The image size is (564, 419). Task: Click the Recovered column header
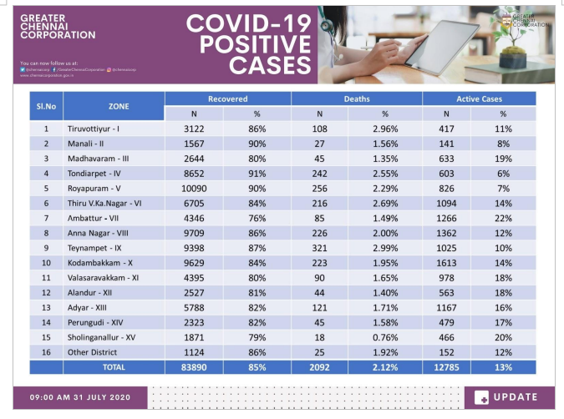(x=227, y=98)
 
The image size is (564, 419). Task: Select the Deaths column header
(x=357, y=98)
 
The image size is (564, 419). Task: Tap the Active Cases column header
(x=479, y=98)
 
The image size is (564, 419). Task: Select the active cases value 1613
(x=447, y=263)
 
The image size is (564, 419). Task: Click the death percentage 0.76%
(x=384, y=337)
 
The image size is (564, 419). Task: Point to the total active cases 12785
(x=447, y=367)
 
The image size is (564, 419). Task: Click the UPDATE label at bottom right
(x=510, y=397)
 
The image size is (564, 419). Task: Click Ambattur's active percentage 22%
(x=503, y=218)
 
